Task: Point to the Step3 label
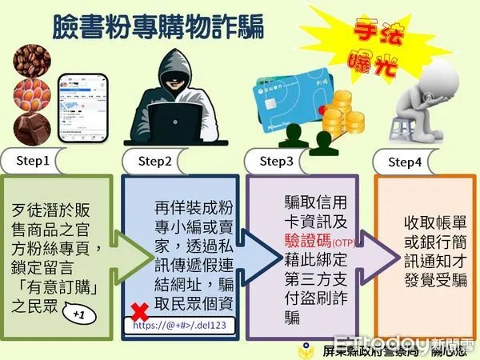(281, 161)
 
